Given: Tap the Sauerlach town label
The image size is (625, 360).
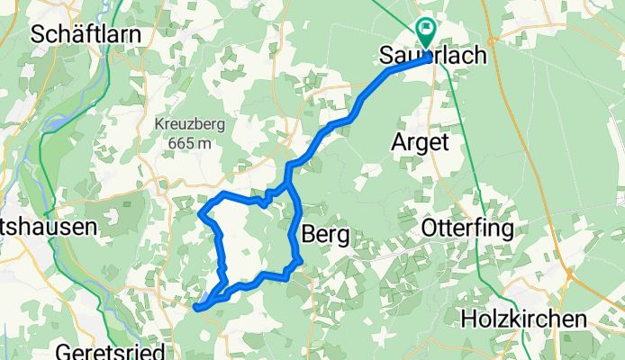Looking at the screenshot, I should pos(435,56).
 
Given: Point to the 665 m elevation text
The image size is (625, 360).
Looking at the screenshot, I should pos(189,142).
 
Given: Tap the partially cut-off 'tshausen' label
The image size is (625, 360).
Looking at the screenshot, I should pos(47,228).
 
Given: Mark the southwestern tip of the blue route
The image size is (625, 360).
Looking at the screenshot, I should pos(195,308).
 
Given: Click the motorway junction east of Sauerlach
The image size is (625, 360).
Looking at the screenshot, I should pos(492,40).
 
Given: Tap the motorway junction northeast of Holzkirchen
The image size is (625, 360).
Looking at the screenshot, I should pos(569,272).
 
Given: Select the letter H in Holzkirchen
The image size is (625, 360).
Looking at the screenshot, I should pos(468,319).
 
